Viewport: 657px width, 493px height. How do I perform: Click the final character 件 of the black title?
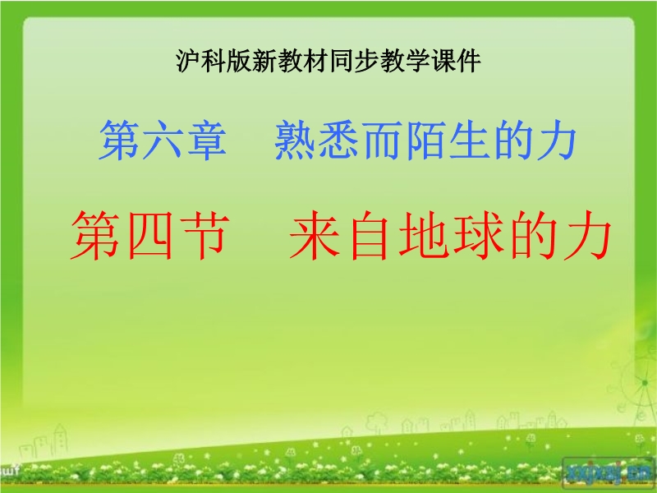point(469,61)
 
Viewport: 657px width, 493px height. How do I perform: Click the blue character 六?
point(163,140)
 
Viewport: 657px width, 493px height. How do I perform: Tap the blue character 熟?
point(296,140)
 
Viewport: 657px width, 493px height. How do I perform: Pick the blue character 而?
point(383,140)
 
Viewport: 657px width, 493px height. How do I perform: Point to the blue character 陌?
point(426,140)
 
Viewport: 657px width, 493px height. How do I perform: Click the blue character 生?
point(470,140)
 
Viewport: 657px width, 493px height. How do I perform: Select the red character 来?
point(315,235)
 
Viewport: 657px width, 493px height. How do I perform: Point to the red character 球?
point(477,235)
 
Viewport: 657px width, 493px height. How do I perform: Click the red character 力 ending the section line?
point(586,235)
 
